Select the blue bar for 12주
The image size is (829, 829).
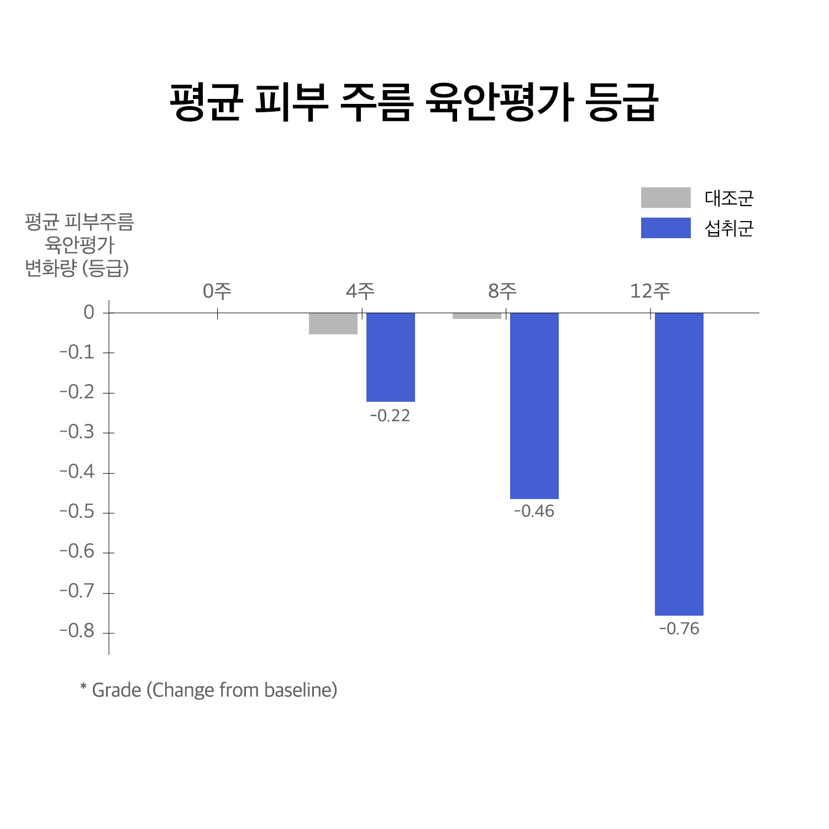click(x=679, y=464)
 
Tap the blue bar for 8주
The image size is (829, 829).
click(x=534, y=406)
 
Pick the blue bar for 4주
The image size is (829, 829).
click(x=390, y=358)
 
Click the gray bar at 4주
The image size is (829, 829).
click(x=333, y=324)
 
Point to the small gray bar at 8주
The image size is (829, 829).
click(x=476, y=316)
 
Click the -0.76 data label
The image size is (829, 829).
click(x=679, y=629)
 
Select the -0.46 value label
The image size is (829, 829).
click(x=534, y=511)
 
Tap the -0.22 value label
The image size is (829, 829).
click(x=390, y=416)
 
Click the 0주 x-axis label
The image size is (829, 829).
click(x=217, y=291)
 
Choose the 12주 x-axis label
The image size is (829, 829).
click(x=650, y=291)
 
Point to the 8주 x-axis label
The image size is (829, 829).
click(x=502, y=291)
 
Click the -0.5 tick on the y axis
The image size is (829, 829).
click(x=77, y=512)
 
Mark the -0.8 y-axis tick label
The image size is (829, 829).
click(x=77, y=631)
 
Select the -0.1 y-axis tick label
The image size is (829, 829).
click(x=77, y=352)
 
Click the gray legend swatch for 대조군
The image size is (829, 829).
click(x=665, y=198)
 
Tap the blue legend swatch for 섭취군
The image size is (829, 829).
click(x=665, y=228)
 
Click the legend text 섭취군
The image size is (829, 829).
click(x=728, y=228)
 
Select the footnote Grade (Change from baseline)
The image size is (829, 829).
click(x=209, y=690)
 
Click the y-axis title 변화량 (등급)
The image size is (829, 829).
click(x=77, y=269)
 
